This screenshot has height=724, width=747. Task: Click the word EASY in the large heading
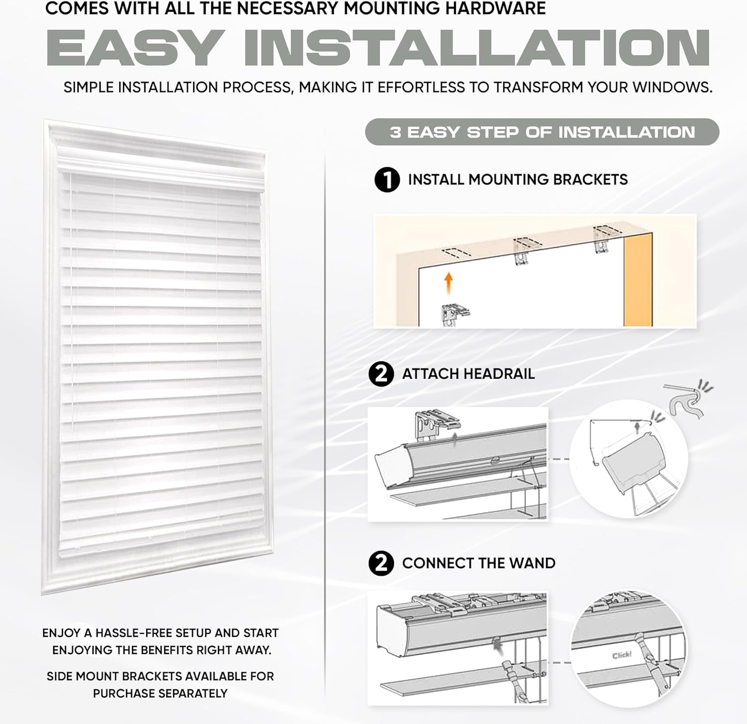(x=135, y=48)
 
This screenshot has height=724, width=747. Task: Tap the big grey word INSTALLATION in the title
(x=477, y=48)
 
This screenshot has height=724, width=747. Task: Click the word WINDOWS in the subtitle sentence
(x=672, y=87)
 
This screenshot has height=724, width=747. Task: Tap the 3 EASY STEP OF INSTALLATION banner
(x=542, y=132)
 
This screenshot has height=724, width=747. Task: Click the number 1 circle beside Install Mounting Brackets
(x=387, y=180)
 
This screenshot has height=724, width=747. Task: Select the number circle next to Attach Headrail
(x=381, y=373)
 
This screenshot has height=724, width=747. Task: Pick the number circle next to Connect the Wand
(x=381, y=563)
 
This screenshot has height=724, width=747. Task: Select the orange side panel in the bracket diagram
(x=638, y=279)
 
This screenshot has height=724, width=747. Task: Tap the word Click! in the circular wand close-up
(x=622, y=655)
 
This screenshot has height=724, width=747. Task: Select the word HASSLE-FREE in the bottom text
(x=133, y=633)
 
